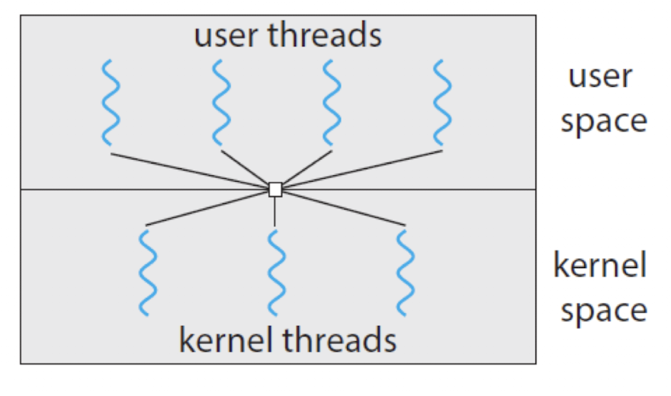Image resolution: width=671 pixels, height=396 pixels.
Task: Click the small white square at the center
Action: pos(275,190)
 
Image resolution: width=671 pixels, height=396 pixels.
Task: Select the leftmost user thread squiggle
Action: pos(111,103)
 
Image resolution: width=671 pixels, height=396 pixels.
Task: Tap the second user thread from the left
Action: pos(221,103)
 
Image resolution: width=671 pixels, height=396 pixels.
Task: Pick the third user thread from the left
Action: pos(332,103)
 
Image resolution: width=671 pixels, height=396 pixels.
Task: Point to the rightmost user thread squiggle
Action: pos(442,103)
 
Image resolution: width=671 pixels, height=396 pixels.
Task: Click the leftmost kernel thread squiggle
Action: pos(148,273)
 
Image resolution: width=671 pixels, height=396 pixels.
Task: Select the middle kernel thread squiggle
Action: pos(277,273)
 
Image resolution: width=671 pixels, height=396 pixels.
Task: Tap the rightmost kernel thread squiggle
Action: pos(405,273)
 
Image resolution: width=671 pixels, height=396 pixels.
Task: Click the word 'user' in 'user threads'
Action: pos(226,36)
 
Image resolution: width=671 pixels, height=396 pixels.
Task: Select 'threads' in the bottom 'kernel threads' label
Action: pos(339,340)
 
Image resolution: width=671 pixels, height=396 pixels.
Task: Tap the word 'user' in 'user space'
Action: pos(600,77)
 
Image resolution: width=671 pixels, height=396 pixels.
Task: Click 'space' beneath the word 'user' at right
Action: pos(604,123)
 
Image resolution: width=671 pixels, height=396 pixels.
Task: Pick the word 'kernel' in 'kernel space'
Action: pos(599,265)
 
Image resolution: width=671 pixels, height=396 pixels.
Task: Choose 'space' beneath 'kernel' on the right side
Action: pos(604,311)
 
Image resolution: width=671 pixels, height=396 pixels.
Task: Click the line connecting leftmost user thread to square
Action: pos(190,171)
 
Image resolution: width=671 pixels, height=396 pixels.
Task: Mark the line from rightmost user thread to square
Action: pos(362,169)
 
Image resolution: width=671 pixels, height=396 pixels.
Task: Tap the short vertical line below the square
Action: pos(274,212)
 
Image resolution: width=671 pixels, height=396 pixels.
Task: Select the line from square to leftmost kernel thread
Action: pos(207,209)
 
